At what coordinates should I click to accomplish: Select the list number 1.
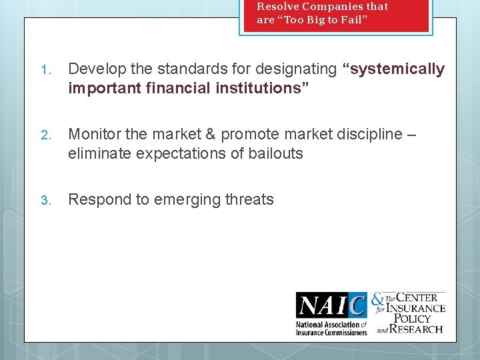pyautogui.click(x=45, y=70)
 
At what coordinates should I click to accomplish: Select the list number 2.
pyautogui.click(x=45, y=135)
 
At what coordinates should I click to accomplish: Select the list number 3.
pyautogui.click(x=45, y=200)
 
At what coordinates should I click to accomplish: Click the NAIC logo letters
pyautogui.click(x=331, y=306)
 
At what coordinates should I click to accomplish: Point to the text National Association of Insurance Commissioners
pyautogui.click(x=331, y=328)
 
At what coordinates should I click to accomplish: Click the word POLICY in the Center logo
pyautogui.click(x=414, y=318)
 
